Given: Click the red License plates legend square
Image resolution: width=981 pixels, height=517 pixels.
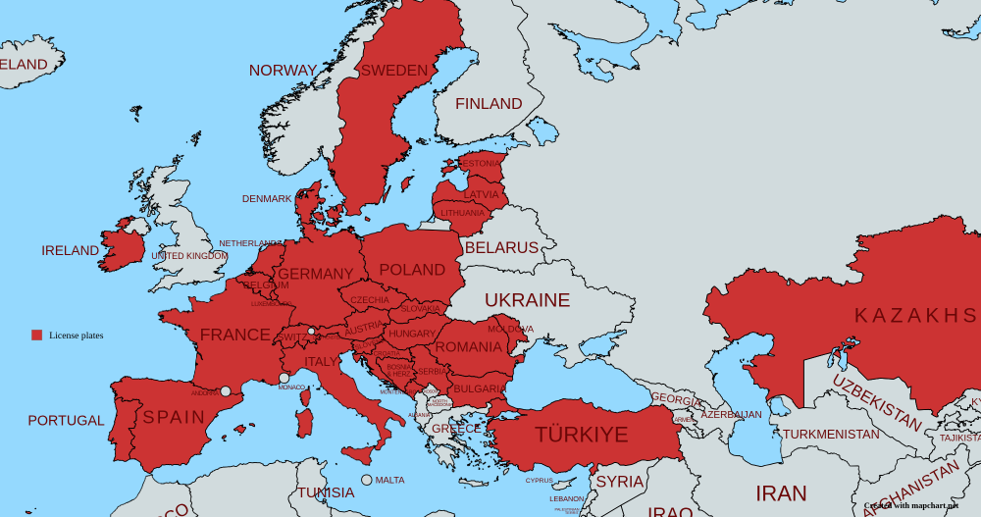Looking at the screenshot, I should pos(37,336).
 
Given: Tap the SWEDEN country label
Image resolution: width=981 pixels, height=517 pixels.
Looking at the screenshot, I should pos(394,71).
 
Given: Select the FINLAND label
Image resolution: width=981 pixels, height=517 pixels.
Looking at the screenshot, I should pos(489,104).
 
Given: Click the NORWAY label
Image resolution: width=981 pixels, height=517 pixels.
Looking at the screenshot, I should pos(283,71).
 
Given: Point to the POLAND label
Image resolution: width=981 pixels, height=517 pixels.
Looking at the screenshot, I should pos(412,270).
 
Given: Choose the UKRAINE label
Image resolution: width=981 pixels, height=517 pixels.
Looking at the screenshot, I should pos(527,300).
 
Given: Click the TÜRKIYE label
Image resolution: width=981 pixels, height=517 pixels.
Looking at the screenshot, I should pos(581,435).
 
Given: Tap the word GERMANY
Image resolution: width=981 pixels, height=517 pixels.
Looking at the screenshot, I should pos(315,274).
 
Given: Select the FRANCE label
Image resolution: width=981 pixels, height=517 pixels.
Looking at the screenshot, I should pos(235,336).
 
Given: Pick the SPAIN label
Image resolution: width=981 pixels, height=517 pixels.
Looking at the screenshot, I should pos(175,417).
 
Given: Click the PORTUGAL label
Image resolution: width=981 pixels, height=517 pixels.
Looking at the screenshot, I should pos(66,421).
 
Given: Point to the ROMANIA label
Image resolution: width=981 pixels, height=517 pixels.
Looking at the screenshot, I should pos(469,347).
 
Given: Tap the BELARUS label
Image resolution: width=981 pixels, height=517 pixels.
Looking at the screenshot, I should pos(501,248).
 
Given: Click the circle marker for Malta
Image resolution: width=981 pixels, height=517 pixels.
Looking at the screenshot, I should pos(367,480).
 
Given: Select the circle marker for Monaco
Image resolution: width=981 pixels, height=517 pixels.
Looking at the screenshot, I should pos(284,378).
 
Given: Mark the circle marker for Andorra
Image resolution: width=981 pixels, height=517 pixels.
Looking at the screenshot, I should pos(226,390).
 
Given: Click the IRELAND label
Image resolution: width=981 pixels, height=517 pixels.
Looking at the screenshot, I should pos(70,251).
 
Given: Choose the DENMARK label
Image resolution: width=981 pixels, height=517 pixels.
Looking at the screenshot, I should pos(267,199).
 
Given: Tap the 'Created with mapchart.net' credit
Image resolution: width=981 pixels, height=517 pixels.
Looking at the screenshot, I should pos(910,506).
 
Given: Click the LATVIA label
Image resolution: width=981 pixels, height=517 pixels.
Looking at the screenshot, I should pos(481,195).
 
